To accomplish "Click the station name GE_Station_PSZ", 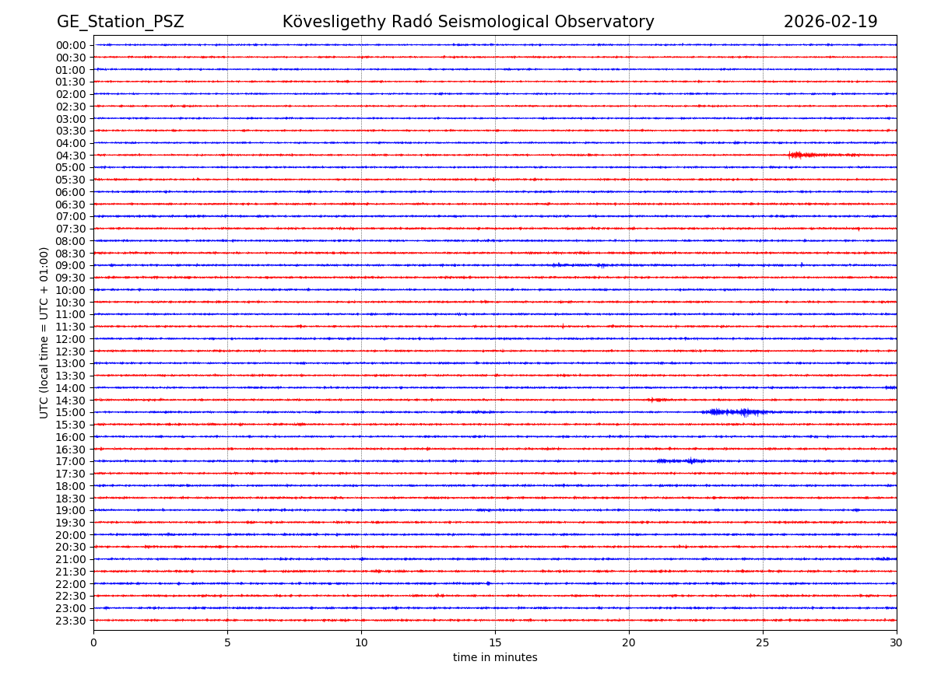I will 120,22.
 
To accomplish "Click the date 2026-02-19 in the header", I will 830,22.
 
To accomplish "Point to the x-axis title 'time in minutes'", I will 495,658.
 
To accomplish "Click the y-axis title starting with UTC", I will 44,332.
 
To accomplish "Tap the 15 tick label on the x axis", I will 495,642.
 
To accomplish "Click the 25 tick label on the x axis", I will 763,642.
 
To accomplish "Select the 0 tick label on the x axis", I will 93,642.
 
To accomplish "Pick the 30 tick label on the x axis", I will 897,642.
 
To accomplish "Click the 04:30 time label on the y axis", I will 71,156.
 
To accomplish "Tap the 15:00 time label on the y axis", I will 71,412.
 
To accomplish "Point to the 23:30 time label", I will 71,621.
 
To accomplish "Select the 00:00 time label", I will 71,45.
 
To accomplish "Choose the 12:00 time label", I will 71,339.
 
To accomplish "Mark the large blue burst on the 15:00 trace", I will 736,412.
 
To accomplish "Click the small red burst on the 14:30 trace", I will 656,400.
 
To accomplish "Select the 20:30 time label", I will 71,547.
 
